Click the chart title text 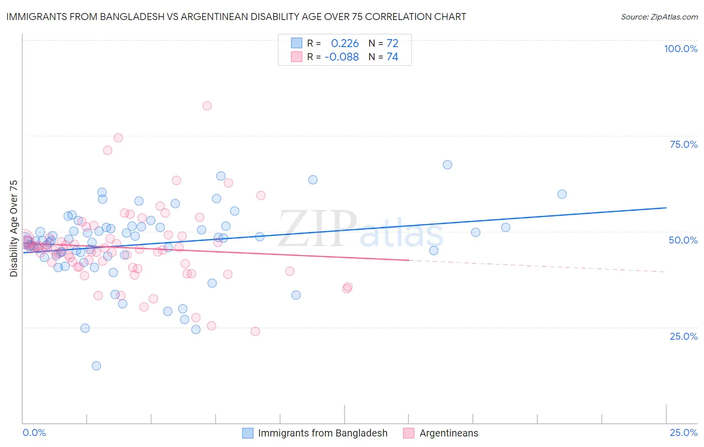click(x=235, y=17)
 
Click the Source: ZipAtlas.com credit click(x=659, y=17)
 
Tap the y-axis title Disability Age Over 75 click(x=14, y=228)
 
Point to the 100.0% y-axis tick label click(x=680, y=49)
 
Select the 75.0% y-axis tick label click(x=683, y=144)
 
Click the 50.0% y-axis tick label click(x=683, y=240)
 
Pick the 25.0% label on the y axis click(x=683, y=336)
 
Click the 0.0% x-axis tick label click(x=34, y=432)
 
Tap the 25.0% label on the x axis click(x=683, y=432)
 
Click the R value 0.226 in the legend click(x=344, y=43)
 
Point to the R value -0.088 click(x=341, y=57)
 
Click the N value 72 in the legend click(x=392, y=43)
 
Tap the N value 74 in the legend click(x=392, y=57)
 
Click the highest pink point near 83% click(x=207, y=106)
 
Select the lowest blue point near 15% click(x=96, y=366)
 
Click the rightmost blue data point click(x=562, y=194)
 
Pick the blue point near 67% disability click(x=447, y=165)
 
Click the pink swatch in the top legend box click(x=297, y=57)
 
